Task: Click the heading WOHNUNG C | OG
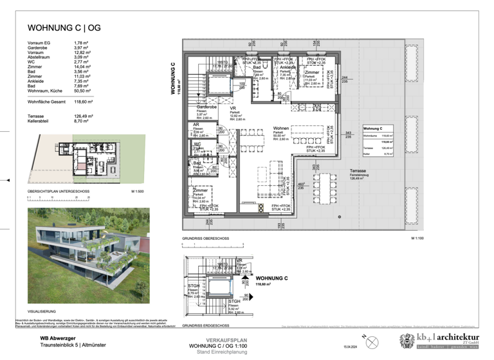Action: pyautogui.click(x=64, y=28)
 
